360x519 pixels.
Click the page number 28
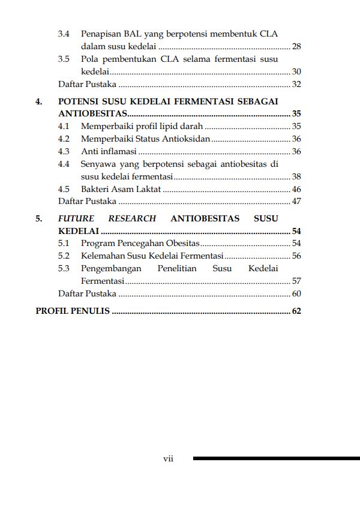click(x=296, y=46)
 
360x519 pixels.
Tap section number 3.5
click(x=64, y=59)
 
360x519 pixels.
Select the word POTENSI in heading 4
click(x=82, y=101)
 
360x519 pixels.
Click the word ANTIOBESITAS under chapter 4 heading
click(x=92, y=113)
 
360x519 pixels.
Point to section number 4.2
click(x=64, y=139)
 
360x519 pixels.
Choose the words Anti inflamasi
click(x=109, y=151)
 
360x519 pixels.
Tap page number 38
click(x=296, y=176)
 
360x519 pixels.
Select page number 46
click(x=296, y=189)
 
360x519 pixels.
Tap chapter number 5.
click(x=39, y=218)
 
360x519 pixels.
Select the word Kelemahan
click(x=103, y=256)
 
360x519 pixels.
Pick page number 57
click(x=296, y=281)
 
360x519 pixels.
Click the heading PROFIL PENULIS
click(x=73, y=311)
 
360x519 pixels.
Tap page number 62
click(x=296, y=311)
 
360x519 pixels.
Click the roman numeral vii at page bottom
click(x=169, y=458)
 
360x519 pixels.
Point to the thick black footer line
click(x=276, y=458)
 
